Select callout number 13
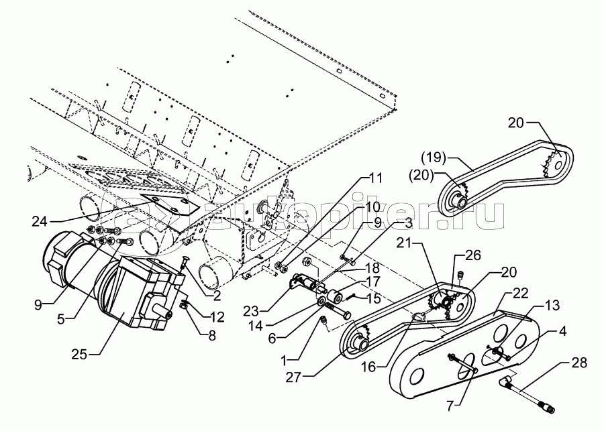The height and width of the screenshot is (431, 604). [x=551, y=306]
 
